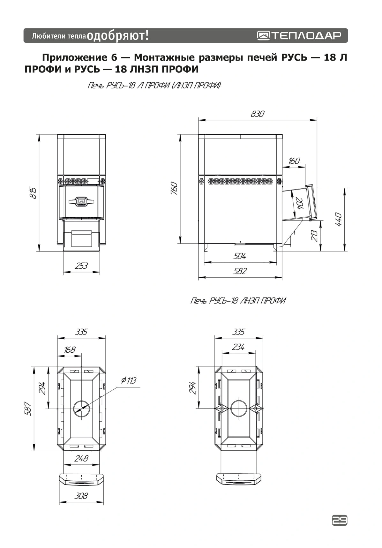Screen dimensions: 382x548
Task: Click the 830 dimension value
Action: pos(258,114)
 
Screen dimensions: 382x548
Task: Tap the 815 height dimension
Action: pos(33,193)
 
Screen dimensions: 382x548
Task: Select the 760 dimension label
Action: pos(174,188)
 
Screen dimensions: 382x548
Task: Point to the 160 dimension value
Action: pos(294,161)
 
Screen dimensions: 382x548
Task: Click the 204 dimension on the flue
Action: pos(299,203)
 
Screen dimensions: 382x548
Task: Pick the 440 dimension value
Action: pos(339,220)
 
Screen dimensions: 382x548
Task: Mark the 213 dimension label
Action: pos(314,236)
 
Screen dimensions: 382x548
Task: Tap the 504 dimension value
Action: pos(240,256)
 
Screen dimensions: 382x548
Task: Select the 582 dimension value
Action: pos(240,271)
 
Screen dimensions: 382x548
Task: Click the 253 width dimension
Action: pos(81,266)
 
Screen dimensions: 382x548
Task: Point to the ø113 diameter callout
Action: pos(129,380)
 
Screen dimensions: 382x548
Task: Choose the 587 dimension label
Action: pos(28,409)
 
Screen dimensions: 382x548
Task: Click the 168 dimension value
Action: pos(69,350)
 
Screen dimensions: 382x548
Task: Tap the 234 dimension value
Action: pos(238,347)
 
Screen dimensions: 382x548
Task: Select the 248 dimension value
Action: pos(81,459)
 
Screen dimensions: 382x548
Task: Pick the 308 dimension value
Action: pos(81,496)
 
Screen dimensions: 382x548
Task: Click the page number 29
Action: pos(340,521)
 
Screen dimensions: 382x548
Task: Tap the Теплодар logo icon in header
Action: pos(264,35)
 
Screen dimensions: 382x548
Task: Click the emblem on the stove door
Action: pos(81,201)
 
